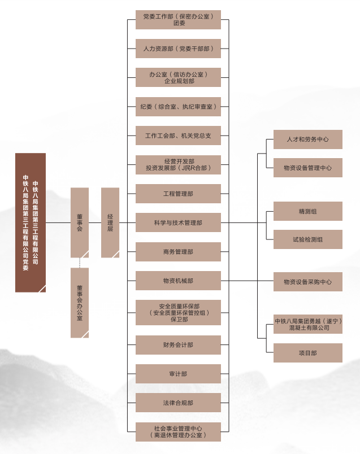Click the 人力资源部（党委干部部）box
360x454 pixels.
(178, 49)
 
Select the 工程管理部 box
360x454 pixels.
(178, 194)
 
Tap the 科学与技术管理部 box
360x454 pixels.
(178, 222)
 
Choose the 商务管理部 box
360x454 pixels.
(178, 252)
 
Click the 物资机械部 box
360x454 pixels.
(178, 281)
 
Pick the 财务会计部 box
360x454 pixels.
(178, 344)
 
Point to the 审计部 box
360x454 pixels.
(178, 374)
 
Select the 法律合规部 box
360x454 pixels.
(178, 403)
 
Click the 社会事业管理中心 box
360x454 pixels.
(178, 431)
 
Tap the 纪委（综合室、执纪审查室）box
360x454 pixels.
(178, 107)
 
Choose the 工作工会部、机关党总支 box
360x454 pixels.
(178, 136)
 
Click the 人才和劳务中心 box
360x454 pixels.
(307, 139)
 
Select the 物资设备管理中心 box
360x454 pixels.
(307, 168)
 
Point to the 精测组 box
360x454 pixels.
(307, 211)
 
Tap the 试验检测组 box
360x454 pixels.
(307, 239)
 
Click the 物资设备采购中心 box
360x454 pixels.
(307, 282)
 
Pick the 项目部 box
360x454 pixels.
(307, 353)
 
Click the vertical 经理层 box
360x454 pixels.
(110, 222)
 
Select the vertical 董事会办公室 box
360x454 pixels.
(80, 303)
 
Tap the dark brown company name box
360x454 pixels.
(31, 222)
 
